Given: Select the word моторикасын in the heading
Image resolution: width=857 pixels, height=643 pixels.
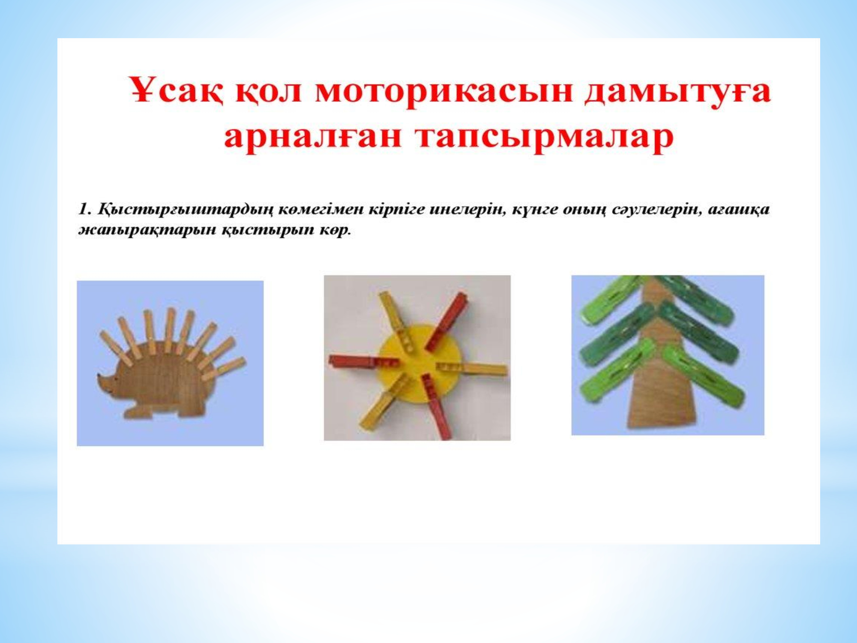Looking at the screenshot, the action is point(443,92).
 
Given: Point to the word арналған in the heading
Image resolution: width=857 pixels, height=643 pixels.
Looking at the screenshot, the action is point(313,137).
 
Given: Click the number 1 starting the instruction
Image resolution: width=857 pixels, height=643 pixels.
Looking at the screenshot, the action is point(83,210).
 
